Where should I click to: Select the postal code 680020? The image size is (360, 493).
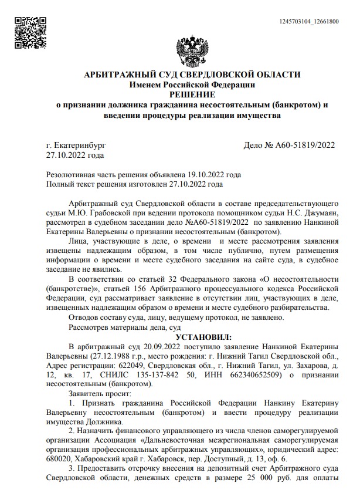[60, 460]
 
